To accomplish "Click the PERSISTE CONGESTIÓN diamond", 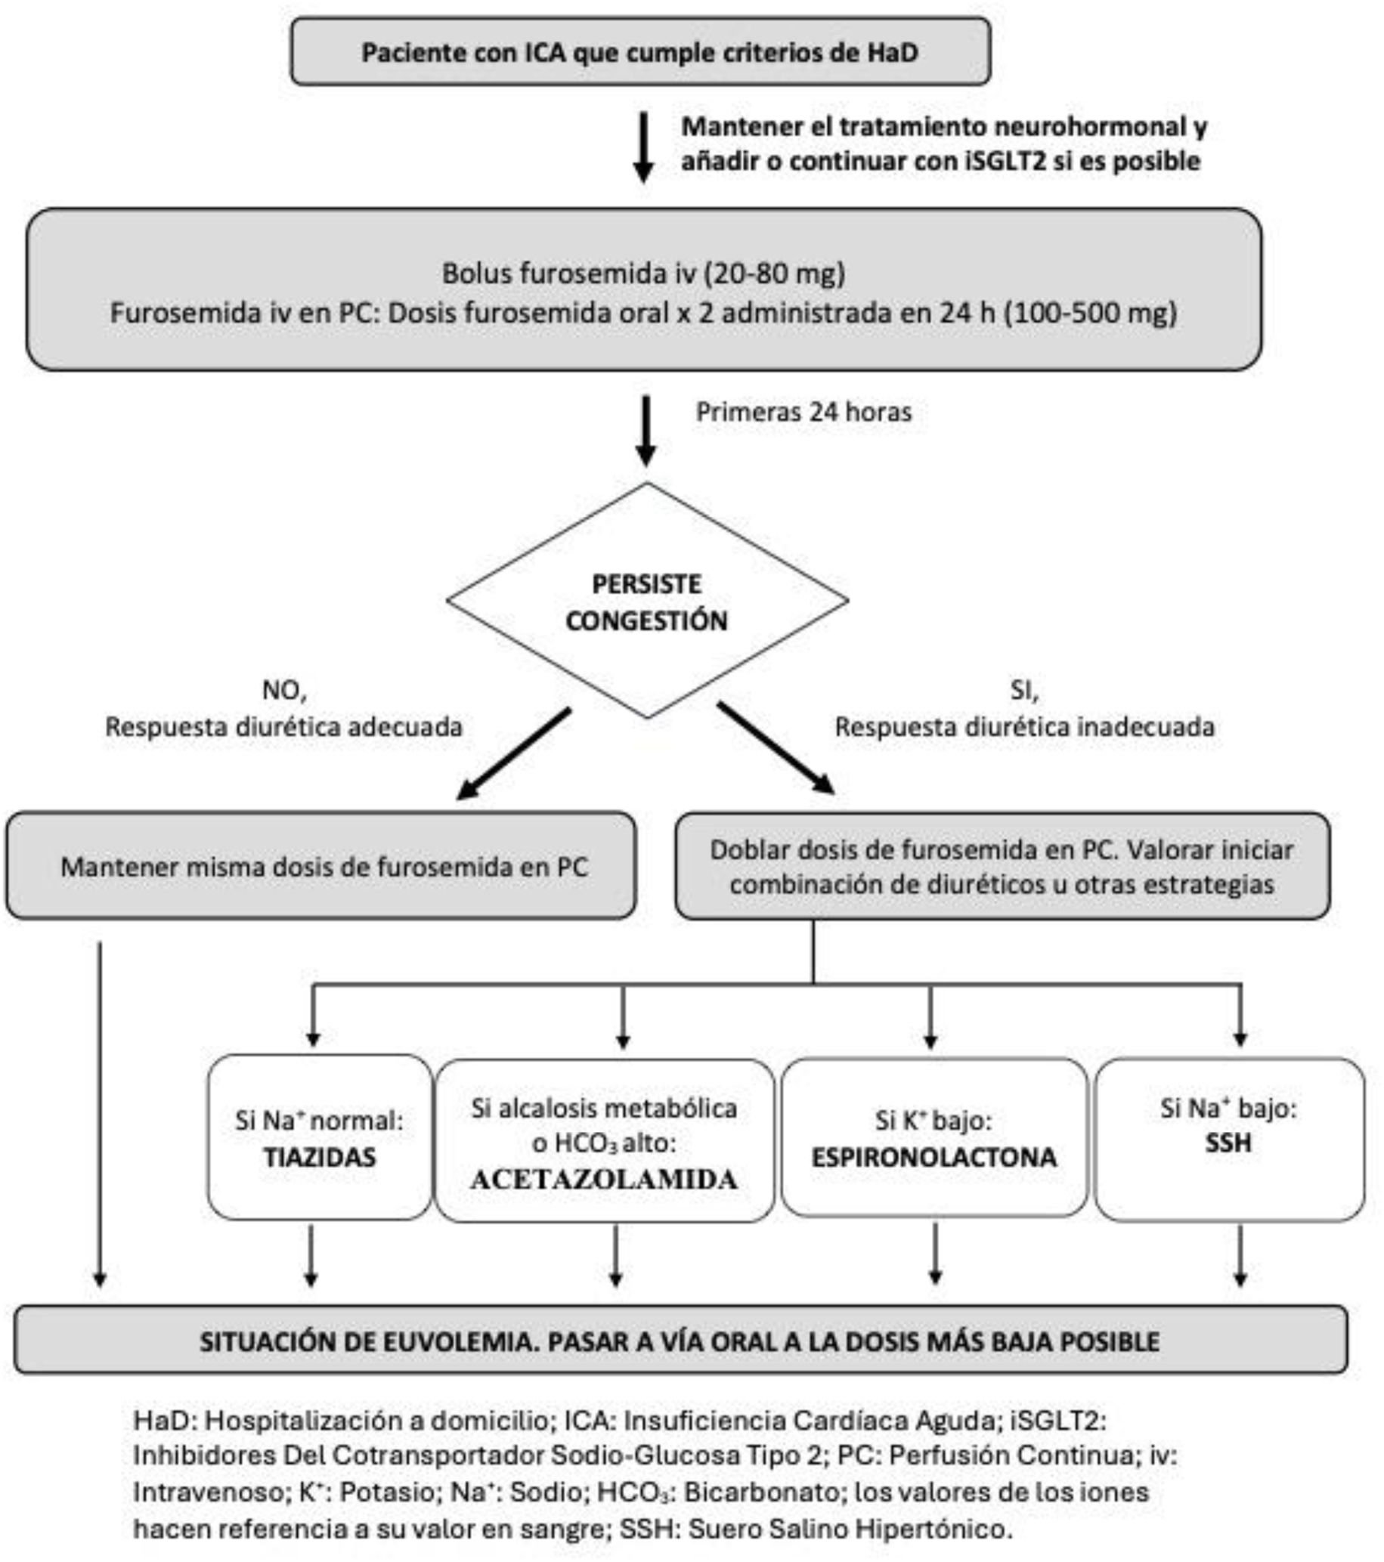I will (x=646, y=602).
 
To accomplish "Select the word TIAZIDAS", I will (x=320, y=1157).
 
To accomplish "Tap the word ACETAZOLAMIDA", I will (x=604, y=1179).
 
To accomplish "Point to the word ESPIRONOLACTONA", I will (x=934, y=1157).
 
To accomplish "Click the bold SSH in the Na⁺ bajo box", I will (x=1228, y=1143).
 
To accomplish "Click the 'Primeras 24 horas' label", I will (x=803, y=413).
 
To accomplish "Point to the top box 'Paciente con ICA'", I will (x=640, y=52).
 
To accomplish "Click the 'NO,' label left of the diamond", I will (x=284, y=690).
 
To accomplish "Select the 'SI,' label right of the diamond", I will (x=1024, y=690).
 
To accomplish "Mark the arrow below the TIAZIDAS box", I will (x=310, y=1257).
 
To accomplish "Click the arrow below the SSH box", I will (x=1240, y=1257).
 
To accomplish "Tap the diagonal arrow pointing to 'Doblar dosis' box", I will (x=776, y=748).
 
